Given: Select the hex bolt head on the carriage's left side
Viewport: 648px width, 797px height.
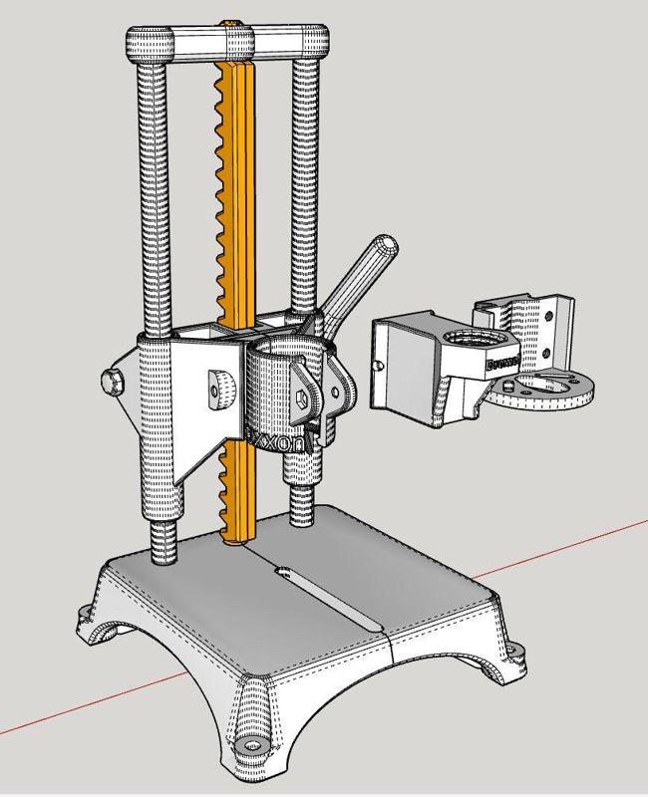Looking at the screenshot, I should click(113, 382).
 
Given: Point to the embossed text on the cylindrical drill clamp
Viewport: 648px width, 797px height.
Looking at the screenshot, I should click(279, 439).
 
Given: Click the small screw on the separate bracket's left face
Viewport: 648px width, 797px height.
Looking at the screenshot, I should click(377, 367).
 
